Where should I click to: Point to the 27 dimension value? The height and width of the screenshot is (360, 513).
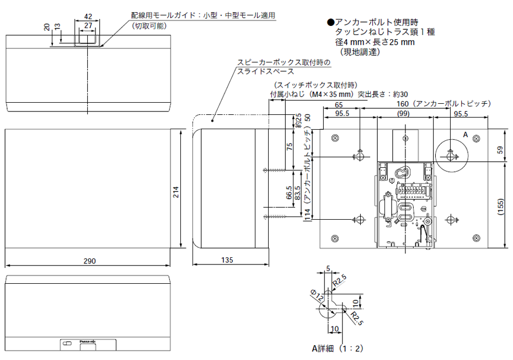point(88,25)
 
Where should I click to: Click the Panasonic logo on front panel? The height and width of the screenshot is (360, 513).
point(88,341)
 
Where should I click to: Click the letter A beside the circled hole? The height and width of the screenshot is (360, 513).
point(465,135)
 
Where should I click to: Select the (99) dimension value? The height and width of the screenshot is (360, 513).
point(405,113)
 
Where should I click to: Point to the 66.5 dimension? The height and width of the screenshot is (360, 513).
point(288,192)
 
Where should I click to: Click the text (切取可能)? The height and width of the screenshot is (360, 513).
point(149,26)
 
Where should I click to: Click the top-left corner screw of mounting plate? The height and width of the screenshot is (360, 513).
point(334,137)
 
